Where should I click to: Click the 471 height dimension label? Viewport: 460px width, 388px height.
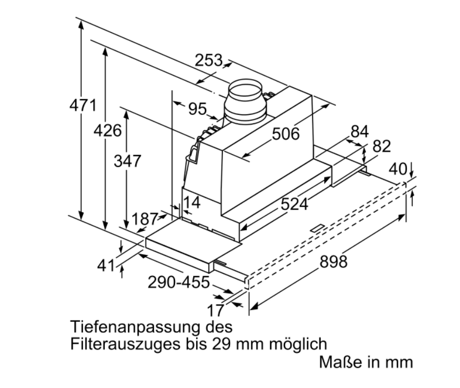[x=83, y=105]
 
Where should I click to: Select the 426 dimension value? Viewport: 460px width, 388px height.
[x=107, y=131]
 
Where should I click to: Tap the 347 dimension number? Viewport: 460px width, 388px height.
[x=128, y=161]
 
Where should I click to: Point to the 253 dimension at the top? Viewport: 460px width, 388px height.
[x=208, y=60]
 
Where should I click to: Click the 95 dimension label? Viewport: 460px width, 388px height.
[x=197, y=108]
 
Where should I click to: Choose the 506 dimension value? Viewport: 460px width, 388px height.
[x=286, y=134]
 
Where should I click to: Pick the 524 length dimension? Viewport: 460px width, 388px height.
[x=294, y=204]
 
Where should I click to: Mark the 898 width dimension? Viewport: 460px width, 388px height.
[x=333, y=261]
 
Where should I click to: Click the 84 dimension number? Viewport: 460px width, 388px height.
[x=359, y=132]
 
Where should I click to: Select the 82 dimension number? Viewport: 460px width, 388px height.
[x=382, y=146]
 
